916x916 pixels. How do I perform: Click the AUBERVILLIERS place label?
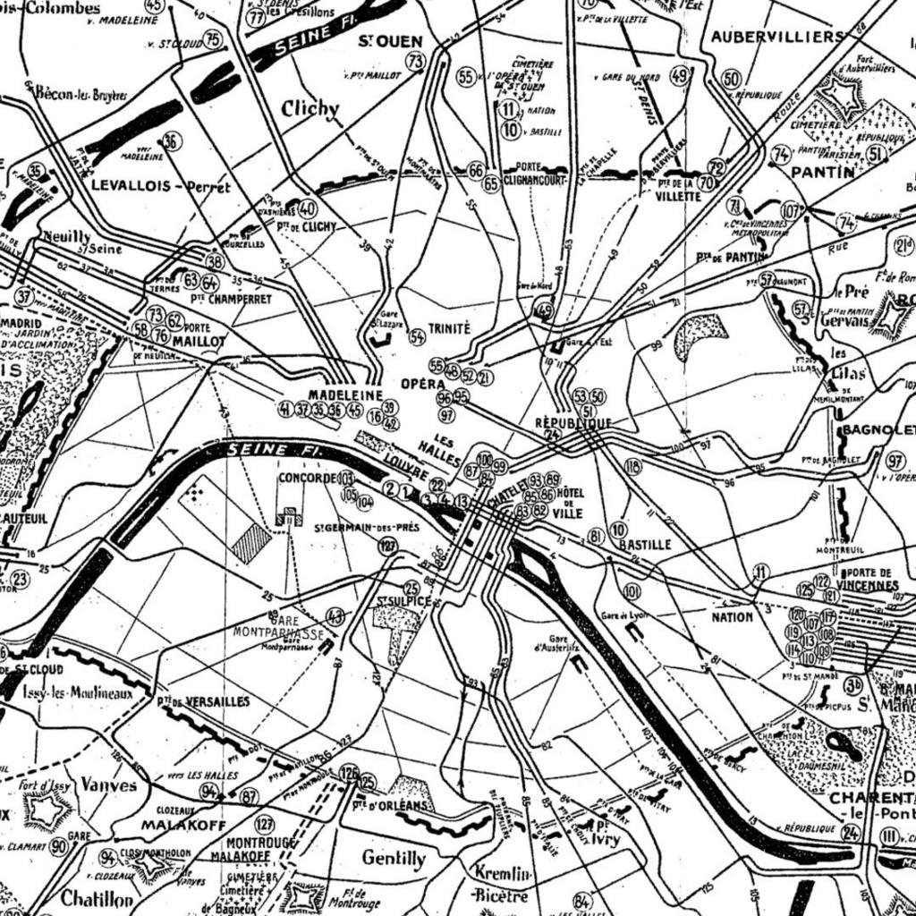tap(776, 37)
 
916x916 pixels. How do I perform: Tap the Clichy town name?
tap(310, 109)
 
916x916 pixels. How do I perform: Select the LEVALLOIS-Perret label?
tap(161, 187)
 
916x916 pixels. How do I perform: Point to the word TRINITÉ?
tap(449, 328)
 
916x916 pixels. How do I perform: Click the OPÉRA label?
tap(423, 383)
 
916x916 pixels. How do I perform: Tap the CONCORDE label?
tap(307, 478)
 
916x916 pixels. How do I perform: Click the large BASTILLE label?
tap(645, 544)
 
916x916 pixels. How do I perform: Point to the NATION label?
tap(733, 617)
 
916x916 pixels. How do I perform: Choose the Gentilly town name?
tap(394, 858)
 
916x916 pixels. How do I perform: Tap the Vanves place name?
tap(109, 785)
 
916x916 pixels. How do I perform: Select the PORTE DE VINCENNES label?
tap(869, 579)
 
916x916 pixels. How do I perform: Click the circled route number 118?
tap(633, 465)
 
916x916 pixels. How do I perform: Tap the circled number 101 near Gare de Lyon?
tap(632, 591)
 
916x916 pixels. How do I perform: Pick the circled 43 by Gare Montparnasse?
tap(335, 615)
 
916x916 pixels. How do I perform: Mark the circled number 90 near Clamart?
tap(59, 846)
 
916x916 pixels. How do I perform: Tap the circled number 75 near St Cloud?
tap(212, 38)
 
